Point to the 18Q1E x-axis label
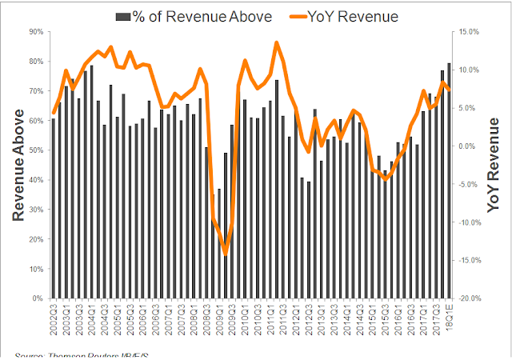[x=449, y=314]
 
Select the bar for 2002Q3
[x=54, y=209]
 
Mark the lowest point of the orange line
[x=226, y=253]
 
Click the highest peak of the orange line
[x=277, y=43]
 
